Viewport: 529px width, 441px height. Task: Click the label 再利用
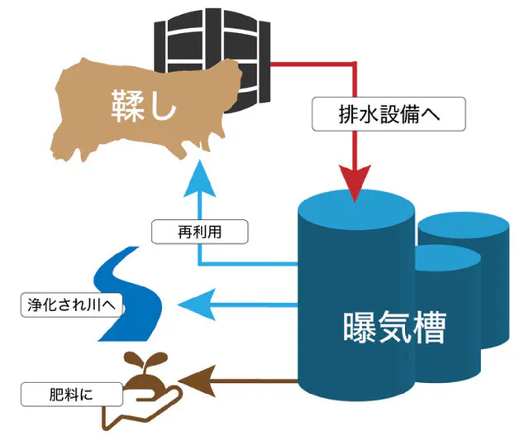tap(200, 232)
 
